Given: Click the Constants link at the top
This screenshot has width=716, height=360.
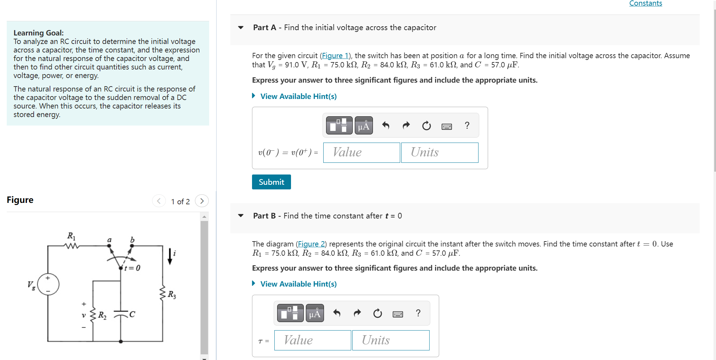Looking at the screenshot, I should click(x=645, y=4).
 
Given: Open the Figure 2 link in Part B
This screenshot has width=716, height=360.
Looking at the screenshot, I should click(x=311, y=244).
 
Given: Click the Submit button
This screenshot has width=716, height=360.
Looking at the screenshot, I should click(x=271, y=182).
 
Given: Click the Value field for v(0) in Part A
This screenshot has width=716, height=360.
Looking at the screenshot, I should click(x=361, y=153).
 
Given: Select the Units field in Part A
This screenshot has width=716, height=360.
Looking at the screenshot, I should click(x=439, y=153).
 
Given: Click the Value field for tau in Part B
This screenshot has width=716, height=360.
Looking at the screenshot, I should click(x=312, y=340).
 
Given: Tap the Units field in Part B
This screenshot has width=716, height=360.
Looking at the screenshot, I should click(x=390, y=340).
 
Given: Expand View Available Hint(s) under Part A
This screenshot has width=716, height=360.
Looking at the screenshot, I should click(x=298, y=96).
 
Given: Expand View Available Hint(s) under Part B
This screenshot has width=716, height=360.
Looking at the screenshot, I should click(x=298, y=284).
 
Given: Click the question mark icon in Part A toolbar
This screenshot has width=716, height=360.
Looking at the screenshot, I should click(x=467, y=126).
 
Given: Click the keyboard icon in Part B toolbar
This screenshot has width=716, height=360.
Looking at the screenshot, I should click(x=398, y=314).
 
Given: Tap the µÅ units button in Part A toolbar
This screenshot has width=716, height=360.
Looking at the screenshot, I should click(x=363, y=126).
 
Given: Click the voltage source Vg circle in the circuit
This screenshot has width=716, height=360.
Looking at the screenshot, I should click(x=48, y=284).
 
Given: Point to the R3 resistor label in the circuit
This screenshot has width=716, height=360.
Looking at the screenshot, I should click(x=172, y=294).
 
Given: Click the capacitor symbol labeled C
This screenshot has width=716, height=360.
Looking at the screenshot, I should click(x=121, y=314).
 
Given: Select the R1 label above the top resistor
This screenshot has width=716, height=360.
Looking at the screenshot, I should click(x=71, y=236).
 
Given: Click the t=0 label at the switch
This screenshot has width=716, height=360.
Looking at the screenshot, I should click(x=132, y=268).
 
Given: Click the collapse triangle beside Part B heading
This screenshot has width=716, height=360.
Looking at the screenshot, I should click(x=241, y=216).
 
